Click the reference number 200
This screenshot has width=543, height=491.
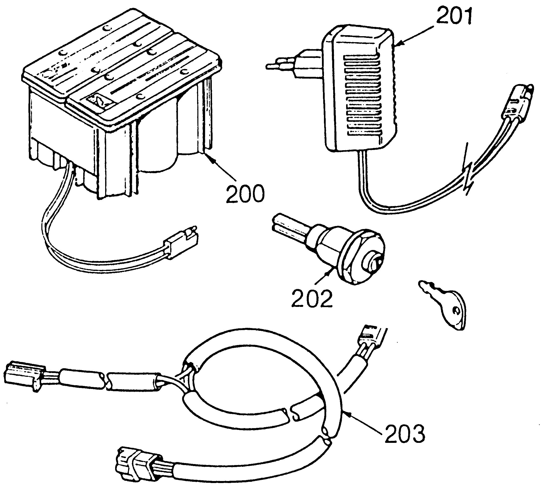(x=245, y=194)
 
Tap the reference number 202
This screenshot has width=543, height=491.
(x=312, y=298)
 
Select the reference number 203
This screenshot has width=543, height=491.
(x=405, y=433)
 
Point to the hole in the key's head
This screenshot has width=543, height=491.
(x=456, y=311)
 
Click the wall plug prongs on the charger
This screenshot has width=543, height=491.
(x=280, y=65)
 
